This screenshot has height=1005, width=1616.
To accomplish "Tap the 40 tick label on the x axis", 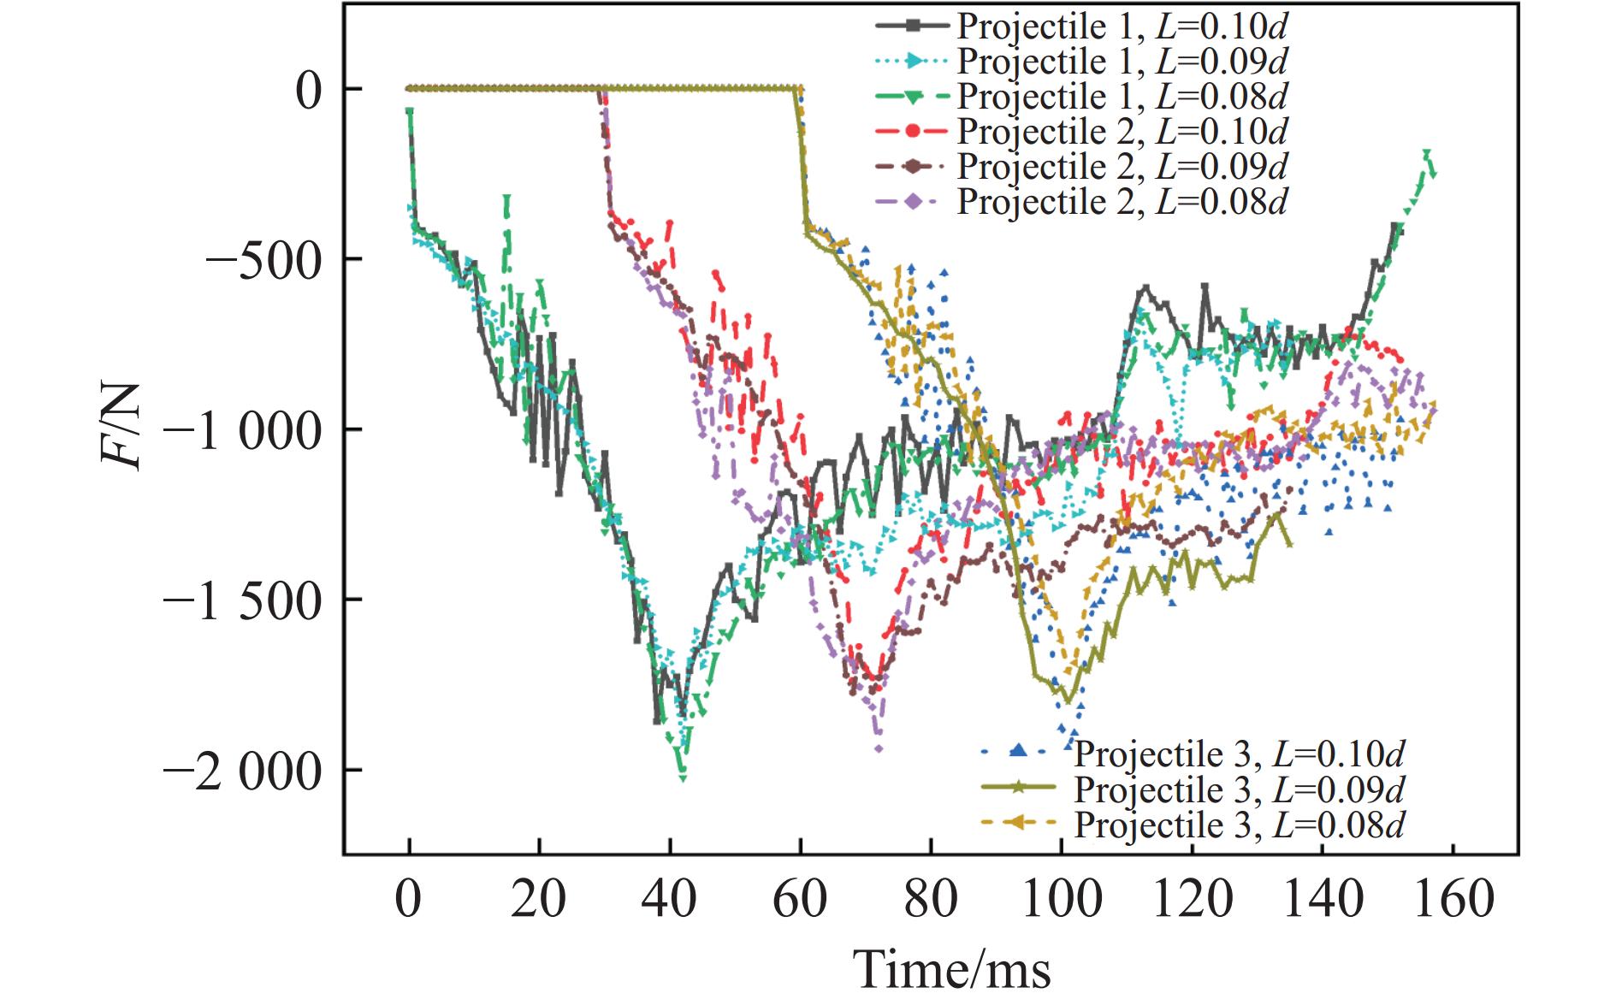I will pos(671,902).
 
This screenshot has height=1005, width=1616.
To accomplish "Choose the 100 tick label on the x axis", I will pos(1061,902).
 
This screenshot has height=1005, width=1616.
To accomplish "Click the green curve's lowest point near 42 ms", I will pos(683,777).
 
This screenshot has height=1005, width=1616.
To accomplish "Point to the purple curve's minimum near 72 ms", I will pos(879,749).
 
